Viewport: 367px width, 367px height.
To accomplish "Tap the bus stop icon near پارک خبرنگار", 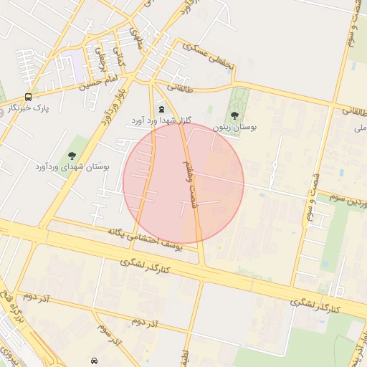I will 28,97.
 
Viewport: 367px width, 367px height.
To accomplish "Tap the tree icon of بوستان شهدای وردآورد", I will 71,156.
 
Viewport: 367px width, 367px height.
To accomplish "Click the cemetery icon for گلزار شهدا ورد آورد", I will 161,109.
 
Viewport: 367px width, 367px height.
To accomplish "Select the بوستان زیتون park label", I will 237,127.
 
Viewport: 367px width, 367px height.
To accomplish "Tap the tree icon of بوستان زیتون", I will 234,115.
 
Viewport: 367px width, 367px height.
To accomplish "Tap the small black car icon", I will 94,360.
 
